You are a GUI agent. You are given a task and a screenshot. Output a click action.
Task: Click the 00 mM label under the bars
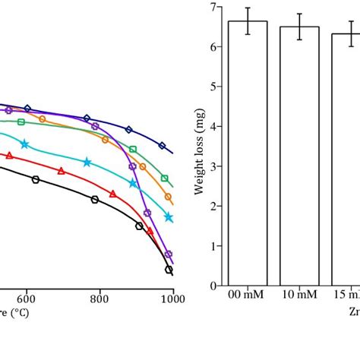pyautogui.click(x=248, y=297)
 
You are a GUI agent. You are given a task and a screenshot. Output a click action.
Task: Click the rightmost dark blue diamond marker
pyautogui.click(x=162, y=145)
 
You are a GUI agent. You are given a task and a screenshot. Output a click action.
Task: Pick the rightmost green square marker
pyautogui.click(x=165, y=178)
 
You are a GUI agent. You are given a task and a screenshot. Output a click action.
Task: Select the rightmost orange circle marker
pyautogui.click(x=168, y=197)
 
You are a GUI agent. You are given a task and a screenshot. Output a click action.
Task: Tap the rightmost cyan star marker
pyautogui.click(x=169, y=217)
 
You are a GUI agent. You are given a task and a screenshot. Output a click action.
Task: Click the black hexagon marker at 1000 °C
pyautogui.click(x=169, y=270)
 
